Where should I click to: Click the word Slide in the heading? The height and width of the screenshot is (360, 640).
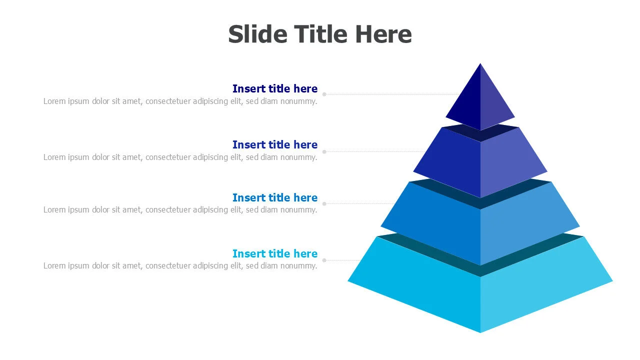coord(257,34)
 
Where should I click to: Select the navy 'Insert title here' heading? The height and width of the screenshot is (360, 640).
coord(274,89)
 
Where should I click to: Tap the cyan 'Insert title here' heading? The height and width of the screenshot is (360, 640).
coord(274,254)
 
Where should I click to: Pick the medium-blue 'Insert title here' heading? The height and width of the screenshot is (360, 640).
coord(274,198)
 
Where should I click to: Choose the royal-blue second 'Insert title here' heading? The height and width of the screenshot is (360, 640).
coord(274,145)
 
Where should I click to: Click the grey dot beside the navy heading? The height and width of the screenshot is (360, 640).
coord(324,94)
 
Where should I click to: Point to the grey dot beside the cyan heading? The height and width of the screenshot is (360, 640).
coord(324,260)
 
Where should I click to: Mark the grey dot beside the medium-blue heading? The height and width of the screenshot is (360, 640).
coord(324,204)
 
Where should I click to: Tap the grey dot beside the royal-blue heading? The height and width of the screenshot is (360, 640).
coord(324,151)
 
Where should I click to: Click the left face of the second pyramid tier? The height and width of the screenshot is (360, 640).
coord(450,160)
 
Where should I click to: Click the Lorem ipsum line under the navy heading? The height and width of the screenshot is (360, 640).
coord(180,101)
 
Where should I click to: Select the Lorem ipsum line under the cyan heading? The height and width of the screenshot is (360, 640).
coord(180,266)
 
